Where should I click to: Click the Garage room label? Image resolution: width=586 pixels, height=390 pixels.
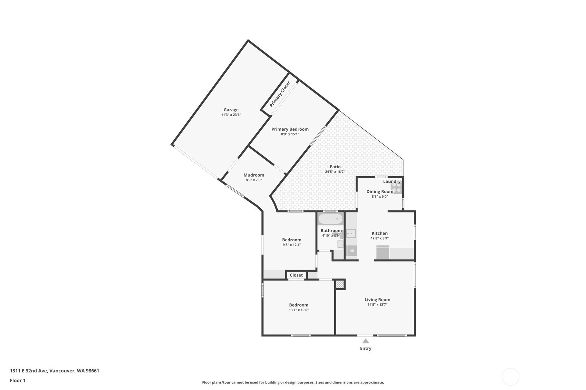[231, 110]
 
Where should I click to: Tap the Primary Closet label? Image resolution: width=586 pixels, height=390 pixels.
[280, 94]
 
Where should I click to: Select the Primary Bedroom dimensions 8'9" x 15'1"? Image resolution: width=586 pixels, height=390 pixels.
[290, 134]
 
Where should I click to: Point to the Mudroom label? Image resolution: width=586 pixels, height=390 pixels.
[254, 175]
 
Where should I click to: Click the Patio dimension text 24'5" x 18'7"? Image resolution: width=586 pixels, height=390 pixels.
[335, 172]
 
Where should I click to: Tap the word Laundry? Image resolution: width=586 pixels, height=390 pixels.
[392, 181]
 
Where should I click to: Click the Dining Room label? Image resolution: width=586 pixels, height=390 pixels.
[380, 191]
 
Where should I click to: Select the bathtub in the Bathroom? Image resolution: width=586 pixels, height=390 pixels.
[330, 219]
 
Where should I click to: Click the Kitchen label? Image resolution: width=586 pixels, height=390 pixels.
[380, 233]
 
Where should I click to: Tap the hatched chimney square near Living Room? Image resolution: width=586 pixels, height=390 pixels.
[340, 284]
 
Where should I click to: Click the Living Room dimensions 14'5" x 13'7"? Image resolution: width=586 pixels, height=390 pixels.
[377, 304]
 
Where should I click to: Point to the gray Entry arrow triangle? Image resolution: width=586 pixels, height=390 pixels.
[366, 341]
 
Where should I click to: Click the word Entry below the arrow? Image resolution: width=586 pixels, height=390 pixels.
[366, 348]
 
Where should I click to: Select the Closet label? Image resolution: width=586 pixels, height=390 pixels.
[296, 275]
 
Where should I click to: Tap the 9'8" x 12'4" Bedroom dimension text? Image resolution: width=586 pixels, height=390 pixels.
[292, 245]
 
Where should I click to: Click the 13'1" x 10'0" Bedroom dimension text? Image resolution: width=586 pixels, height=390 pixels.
[299, 310]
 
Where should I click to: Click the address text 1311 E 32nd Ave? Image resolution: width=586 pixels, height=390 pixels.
[29, 371]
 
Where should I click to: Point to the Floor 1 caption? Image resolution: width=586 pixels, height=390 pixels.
[18, 380]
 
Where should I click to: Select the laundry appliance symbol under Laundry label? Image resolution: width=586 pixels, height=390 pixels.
[396, 188]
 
